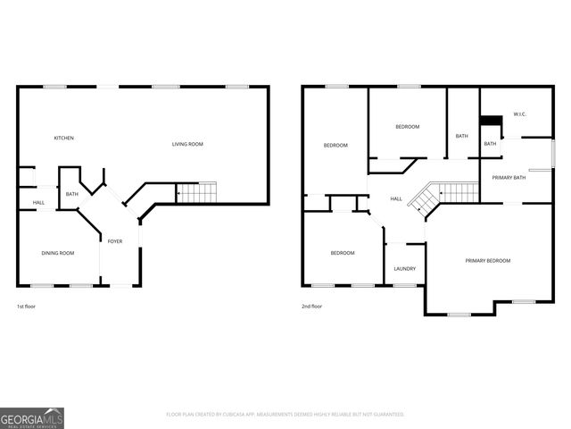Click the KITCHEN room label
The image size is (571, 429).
(x=63, y=138)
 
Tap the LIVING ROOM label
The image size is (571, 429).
(x=187, y=144)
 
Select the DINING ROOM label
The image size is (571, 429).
(x=58, y=253)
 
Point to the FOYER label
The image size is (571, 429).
(x=115, y=241)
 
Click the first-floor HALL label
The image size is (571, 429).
(x=39, y=203)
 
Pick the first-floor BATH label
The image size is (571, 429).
(x=72, y=194)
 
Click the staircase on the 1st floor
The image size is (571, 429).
(x=196, y=191)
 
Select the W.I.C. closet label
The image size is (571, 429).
(x=520, y=114)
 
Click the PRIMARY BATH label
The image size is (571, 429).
(x=509, y=178)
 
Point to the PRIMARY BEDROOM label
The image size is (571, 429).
(x=488, y=260)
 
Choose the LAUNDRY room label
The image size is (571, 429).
(x=404, y=269)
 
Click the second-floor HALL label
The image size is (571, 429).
(x=396, y=198)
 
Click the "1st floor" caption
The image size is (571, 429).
(x=26, y=307)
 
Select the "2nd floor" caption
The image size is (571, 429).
(x=311, y=307)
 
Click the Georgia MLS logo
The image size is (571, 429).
(x=32, y=417)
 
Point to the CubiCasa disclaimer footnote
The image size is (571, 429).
(x=285, y=415)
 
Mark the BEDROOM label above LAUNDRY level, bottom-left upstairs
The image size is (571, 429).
(x=343, y=253)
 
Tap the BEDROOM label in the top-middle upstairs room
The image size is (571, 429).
(x=408, y=127)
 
